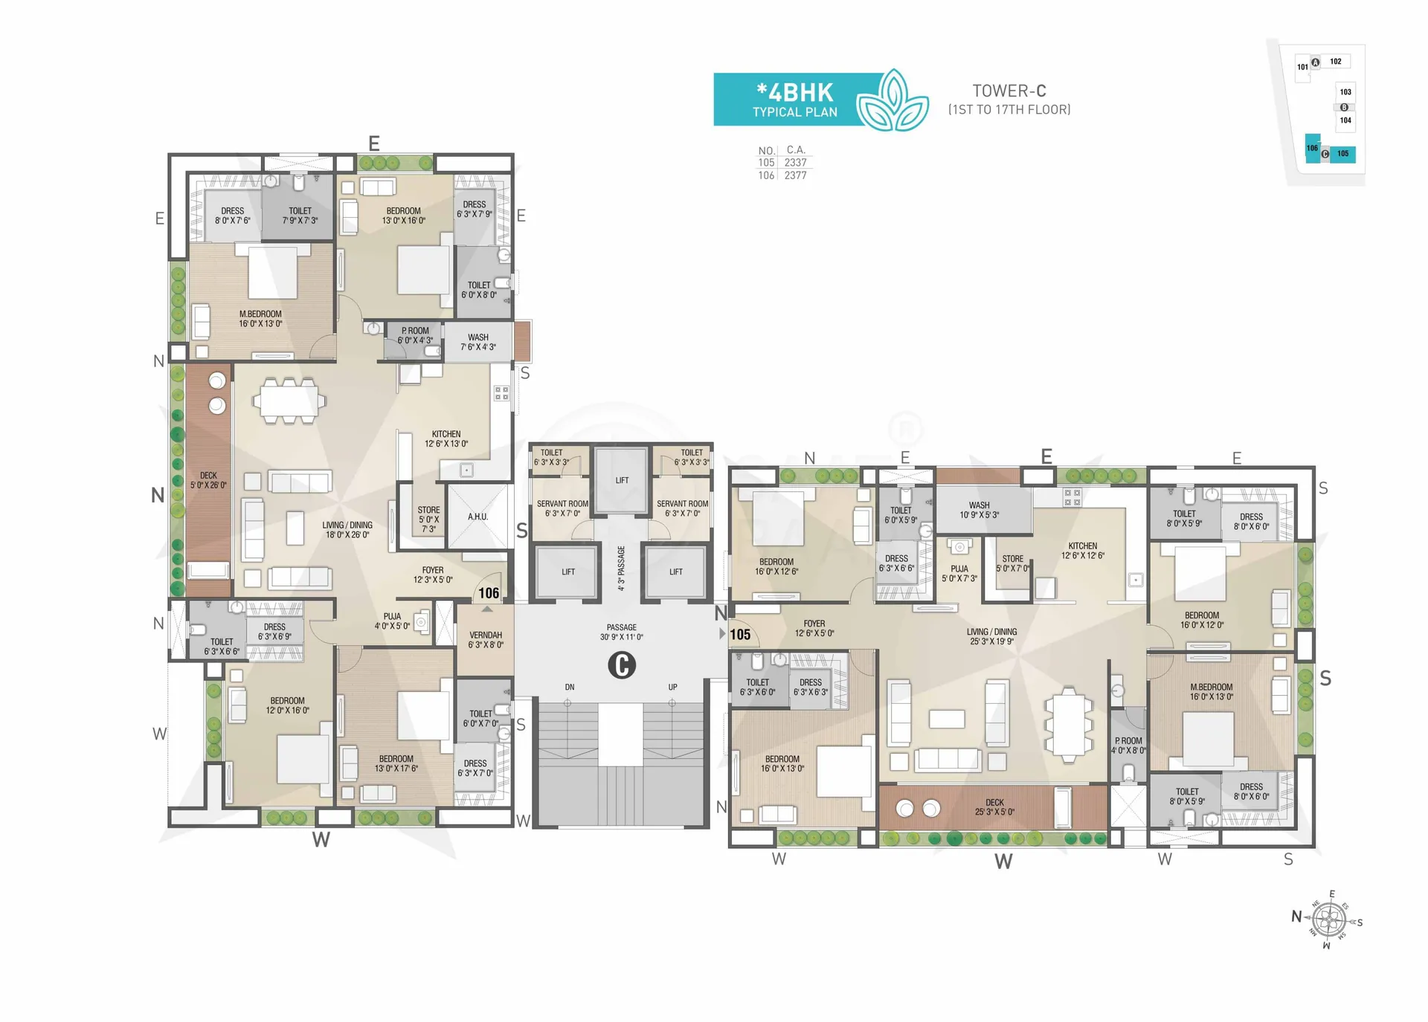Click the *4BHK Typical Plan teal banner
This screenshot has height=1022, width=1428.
coord(796,100)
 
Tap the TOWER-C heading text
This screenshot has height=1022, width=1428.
coord(1009,91)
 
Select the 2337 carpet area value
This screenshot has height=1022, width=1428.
coord(795,162)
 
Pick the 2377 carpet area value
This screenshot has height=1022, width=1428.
coord(795,175)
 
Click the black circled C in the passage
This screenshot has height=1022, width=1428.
coord(622,664)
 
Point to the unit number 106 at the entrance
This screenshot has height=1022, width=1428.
coord(489,593)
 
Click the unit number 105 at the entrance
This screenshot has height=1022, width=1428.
coord(740,635)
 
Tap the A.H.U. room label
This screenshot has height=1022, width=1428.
coord(477,517)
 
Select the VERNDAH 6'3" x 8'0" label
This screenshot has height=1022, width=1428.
coord(486,640)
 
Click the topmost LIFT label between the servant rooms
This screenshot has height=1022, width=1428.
coord(623,480)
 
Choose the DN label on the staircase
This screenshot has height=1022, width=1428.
coord(570,688)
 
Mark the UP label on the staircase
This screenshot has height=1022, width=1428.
coord(672,688)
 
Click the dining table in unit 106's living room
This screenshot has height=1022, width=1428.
coord(289,401)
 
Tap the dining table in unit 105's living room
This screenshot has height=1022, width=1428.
coord(1068,725)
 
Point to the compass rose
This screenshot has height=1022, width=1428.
coord(1330,920)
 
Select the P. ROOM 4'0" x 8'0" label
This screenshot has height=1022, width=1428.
coord(1128,746)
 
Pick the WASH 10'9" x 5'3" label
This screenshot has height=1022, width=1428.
coord(979,510)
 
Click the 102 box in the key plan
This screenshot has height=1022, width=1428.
coord(1337,62)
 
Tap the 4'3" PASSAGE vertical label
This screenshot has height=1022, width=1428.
coord(621,569)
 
